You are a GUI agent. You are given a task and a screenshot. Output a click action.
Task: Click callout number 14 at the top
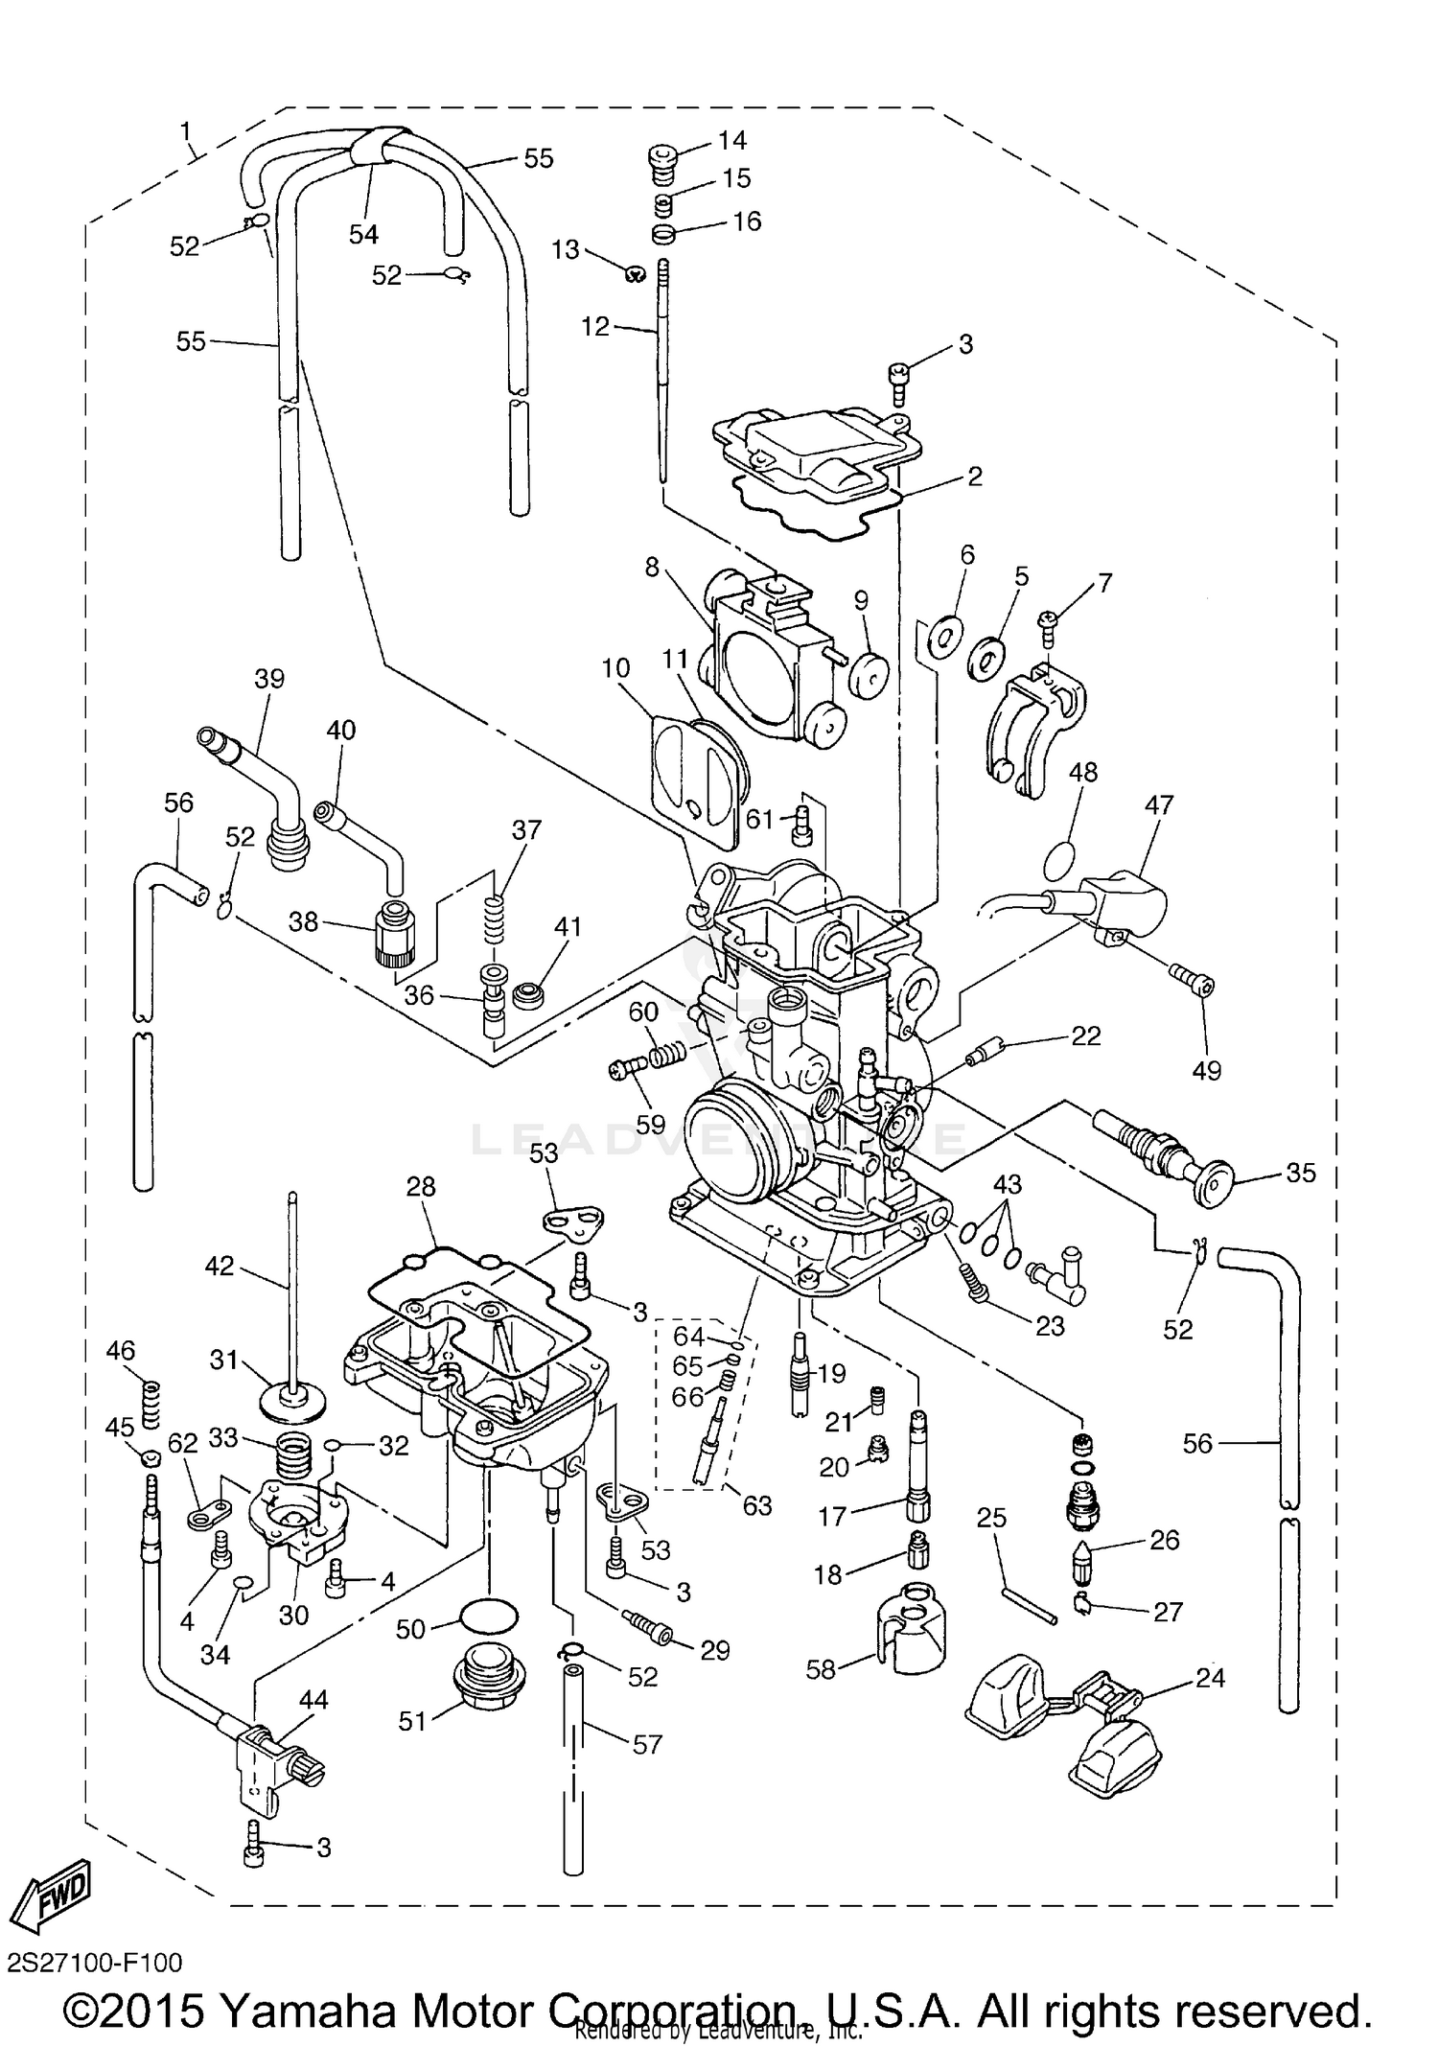point(731,140)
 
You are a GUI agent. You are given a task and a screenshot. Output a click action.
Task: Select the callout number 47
point(1158,804)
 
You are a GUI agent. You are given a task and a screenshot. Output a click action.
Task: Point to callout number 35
point(1300,1173)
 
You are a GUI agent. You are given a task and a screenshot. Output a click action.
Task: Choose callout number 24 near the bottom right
point(1210,1678)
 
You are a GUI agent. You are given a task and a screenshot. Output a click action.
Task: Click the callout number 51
point(412,1722)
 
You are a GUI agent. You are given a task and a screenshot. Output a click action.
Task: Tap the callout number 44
point(313,1700)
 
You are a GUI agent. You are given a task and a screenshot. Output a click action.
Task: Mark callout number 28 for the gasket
point(421,1187)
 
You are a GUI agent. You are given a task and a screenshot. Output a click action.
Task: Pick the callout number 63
point(756,1506)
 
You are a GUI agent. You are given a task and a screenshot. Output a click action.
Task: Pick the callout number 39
point(269,679)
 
